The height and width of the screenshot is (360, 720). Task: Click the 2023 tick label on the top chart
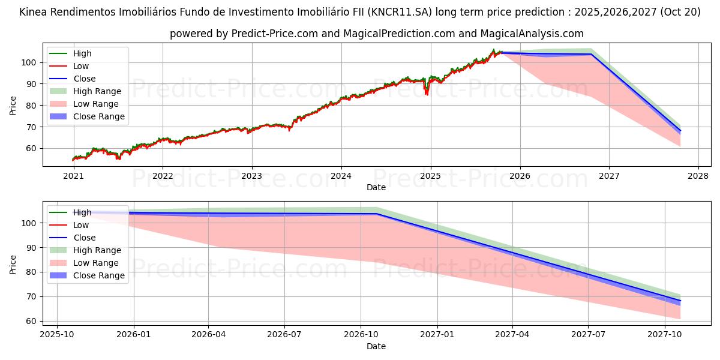click(x=251, y=176)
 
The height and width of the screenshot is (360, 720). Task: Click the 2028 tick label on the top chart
click(x=698, y=176)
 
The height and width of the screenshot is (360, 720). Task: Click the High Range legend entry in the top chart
click(x=97, y=91)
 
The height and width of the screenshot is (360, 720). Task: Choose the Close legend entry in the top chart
click(x=84, y=79)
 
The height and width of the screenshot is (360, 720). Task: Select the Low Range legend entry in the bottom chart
click(x=96, y=263)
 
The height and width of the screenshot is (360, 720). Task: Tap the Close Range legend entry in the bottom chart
click(x=98, y=275)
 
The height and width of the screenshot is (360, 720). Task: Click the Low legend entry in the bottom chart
click(x=80, y=225)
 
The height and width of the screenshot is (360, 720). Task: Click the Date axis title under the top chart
click(x=376, y=187)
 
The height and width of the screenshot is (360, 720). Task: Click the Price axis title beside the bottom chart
click(x=13, y=264)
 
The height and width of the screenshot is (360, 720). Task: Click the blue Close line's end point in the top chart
click(x=680, y=131)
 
